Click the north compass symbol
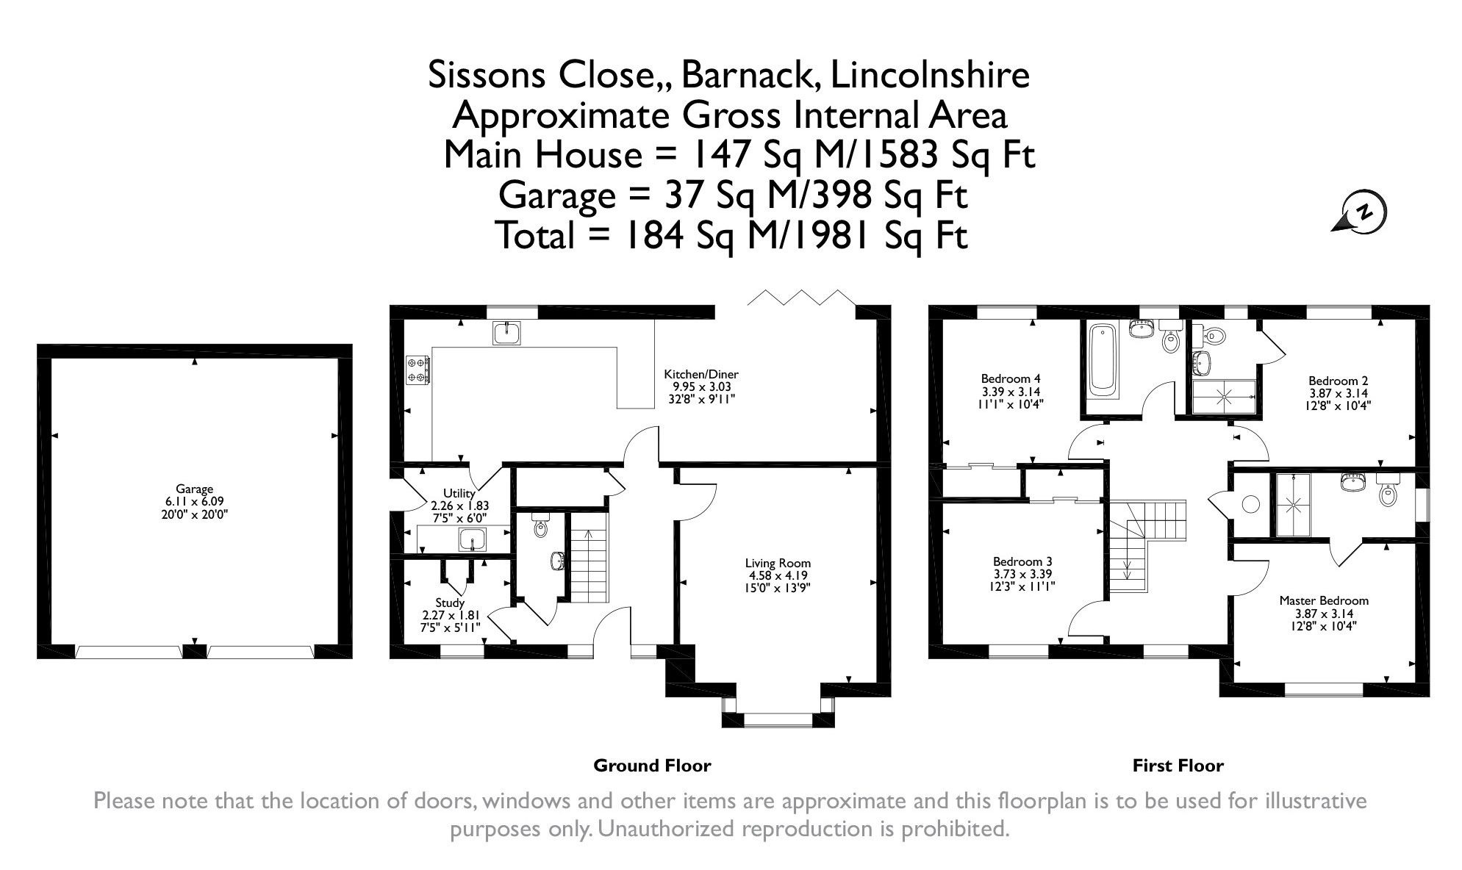(1362, 213)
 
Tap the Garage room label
(194, 489)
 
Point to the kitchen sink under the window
(506, 333)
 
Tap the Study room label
(450, 603)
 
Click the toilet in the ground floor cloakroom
(542, 528)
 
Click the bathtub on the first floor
(1101, 357)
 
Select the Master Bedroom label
(1323, 600)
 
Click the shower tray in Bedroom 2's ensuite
(1225, 396)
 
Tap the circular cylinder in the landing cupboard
(1250, 504)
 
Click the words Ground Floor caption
(652, 766)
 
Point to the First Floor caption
(1177, 766)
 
